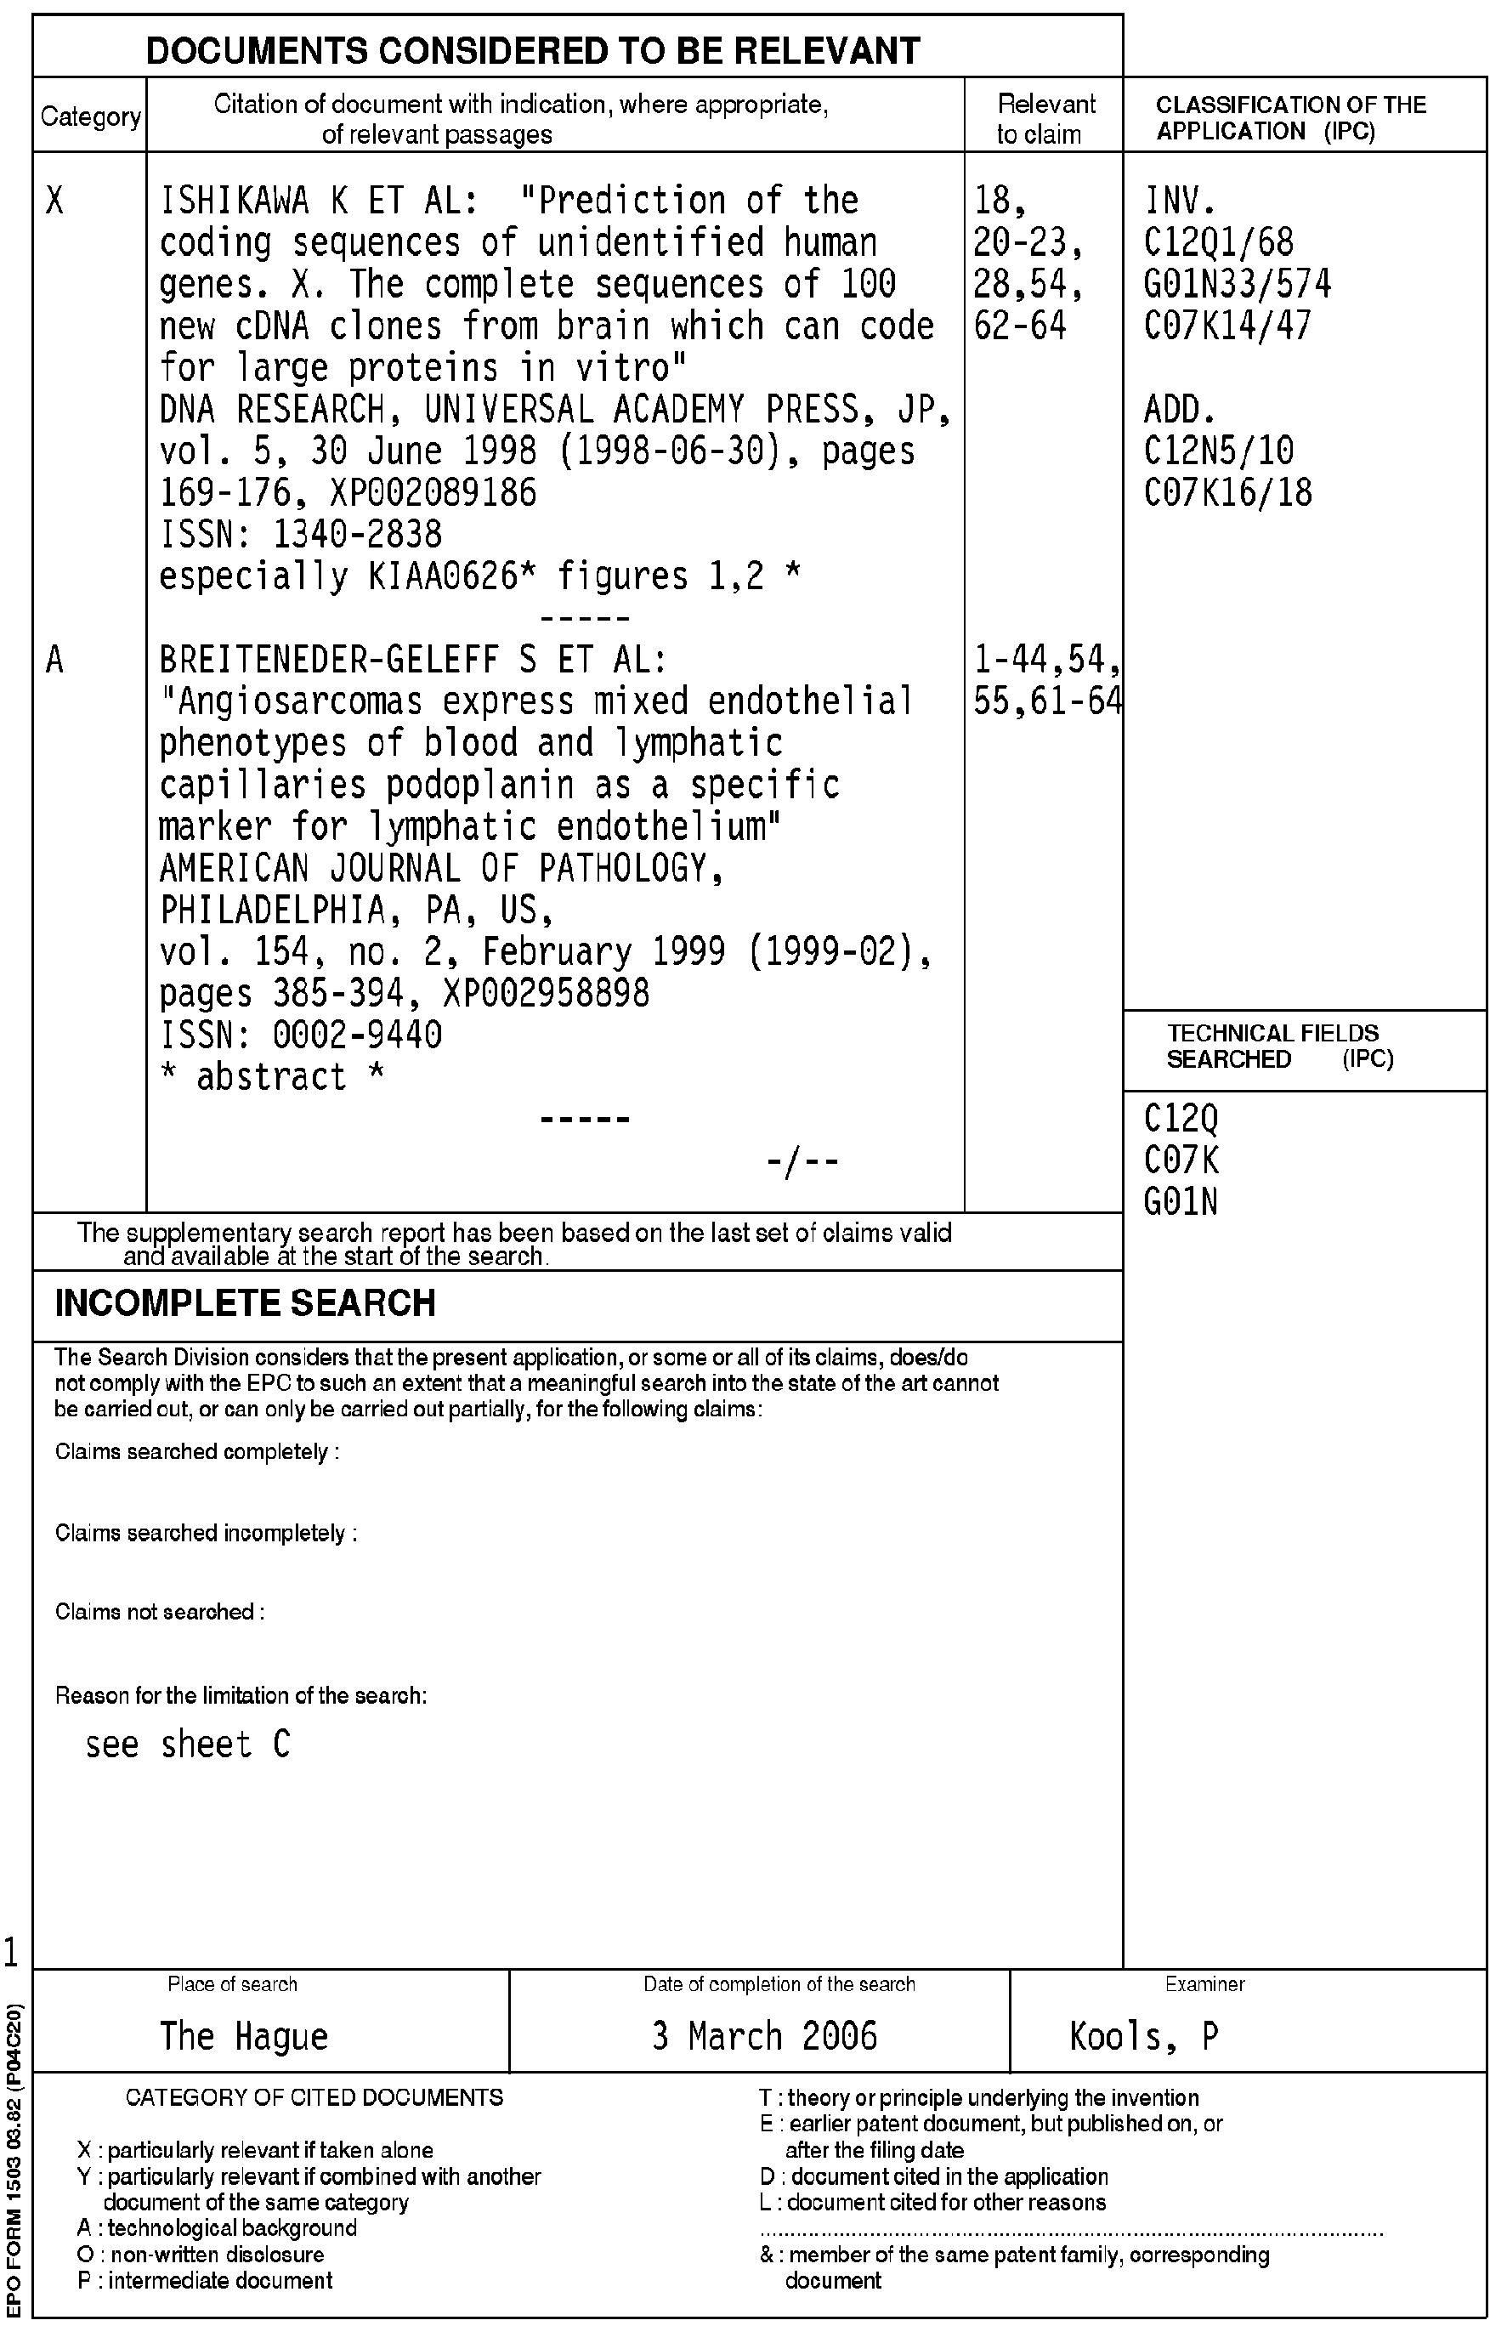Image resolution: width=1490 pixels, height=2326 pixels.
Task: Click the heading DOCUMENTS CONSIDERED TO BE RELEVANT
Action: (532, 50)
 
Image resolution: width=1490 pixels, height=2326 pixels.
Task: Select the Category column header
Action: (90, 117)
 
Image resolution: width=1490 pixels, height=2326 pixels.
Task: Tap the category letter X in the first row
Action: (55, 201)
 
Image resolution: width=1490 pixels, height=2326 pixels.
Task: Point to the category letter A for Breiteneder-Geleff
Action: (55, 660)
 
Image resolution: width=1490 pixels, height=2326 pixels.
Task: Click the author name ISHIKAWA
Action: (234, 201)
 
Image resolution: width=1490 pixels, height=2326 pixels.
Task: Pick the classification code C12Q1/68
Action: (1218, 243)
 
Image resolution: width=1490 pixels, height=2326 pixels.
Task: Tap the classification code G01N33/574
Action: (1238, 285)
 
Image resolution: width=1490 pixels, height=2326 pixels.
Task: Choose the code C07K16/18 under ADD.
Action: (1228, 493)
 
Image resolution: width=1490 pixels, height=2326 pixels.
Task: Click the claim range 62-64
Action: (1020, 326)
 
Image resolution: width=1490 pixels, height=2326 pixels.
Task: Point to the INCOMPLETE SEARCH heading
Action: (245, 1303)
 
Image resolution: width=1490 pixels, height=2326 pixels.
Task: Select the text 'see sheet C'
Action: (188, 1744)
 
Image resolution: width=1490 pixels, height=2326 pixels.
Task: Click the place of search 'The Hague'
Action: (244, 2036)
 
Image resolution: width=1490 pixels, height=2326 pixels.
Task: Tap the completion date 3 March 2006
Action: (764, 2036)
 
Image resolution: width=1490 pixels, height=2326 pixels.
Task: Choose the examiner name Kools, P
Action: (1143, 2036)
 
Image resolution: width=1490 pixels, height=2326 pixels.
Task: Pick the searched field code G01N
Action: (1181, 1203)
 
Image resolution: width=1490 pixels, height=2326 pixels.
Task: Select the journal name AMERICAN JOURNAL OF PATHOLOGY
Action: (441, 869)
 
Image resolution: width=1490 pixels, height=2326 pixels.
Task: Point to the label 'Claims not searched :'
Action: (160, 1612)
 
